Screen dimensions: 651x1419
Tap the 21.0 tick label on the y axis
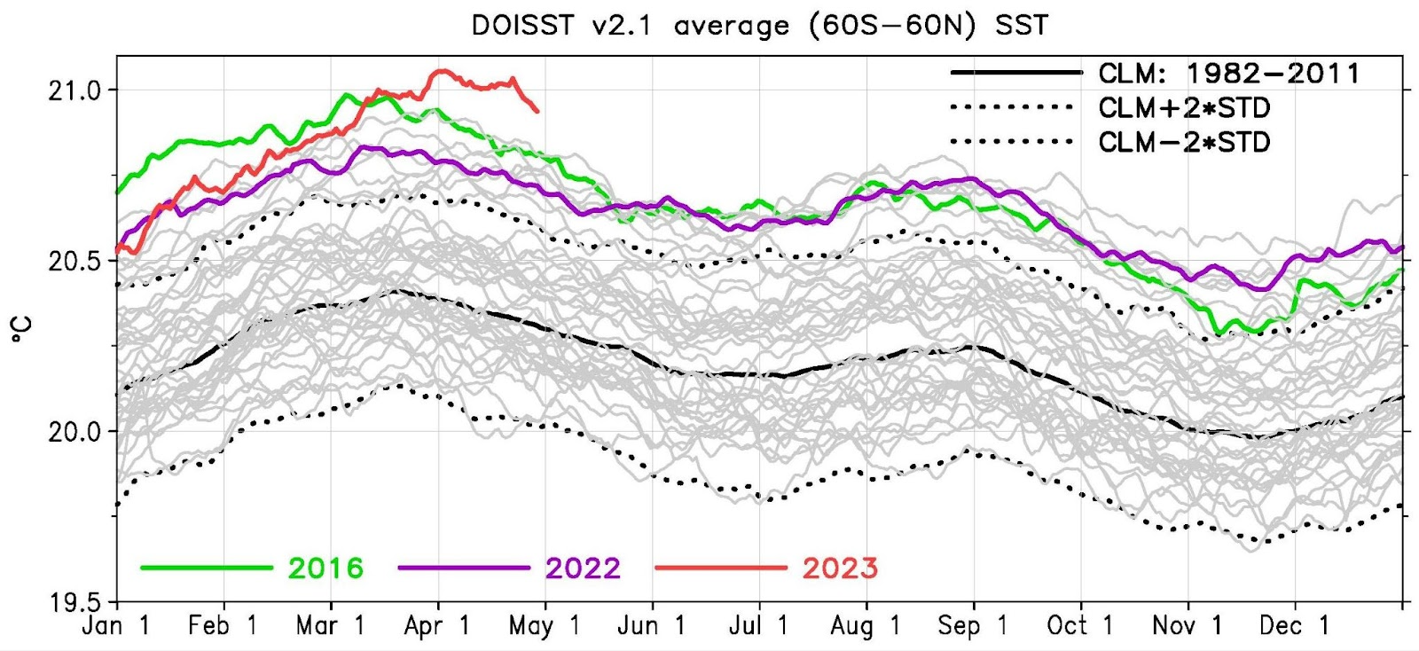coord(74,90)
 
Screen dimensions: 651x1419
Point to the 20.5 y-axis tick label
coord(74,261)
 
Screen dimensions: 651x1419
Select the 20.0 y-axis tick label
coord(74,432)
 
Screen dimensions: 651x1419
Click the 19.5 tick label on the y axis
coord(74,602)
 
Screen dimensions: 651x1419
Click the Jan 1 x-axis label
coord(115,626)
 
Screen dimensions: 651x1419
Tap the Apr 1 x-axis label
coord(436,626)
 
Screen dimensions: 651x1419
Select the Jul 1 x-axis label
coord(758,626)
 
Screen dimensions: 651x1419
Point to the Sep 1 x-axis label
coord(973,626)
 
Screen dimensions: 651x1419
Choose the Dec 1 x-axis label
coord(1294,626)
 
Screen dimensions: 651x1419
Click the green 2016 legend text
coord(325,568)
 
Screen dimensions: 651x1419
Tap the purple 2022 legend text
coord(583,568)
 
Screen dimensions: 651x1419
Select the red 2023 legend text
coord(840,568)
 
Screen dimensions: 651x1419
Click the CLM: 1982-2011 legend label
coord(1228,74)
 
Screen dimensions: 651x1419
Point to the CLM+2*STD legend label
coord(1184,108)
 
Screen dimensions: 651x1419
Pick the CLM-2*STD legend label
coord(1184,142)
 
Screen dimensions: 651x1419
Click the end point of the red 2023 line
coord(537,111)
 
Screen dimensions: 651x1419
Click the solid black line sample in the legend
coord(1015,73)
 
